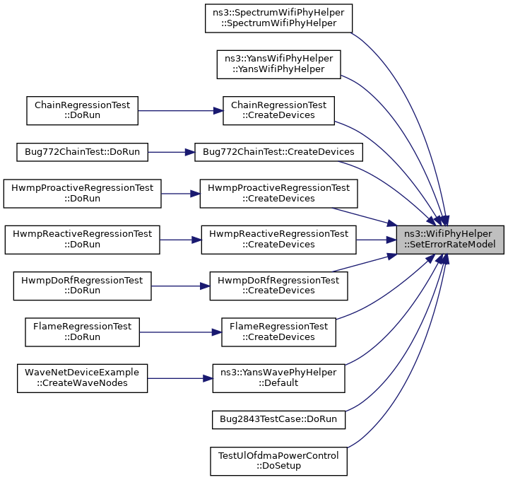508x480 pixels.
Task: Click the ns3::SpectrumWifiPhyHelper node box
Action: click(x=278, y=18)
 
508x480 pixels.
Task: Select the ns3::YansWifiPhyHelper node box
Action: click(x=278, y=64)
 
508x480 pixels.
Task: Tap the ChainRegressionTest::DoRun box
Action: click(x=82, y=110)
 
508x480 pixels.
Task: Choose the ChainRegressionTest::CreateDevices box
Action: click(x=278, y=110)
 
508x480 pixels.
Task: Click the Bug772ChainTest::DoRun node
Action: click(x=82, y=152)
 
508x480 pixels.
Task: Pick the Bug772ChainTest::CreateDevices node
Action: click(x=278, y=152)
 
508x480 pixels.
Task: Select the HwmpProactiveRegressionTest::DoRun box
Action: click(x=82, y=194)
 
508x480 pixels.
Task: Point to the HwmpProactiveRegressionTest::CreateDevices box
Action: click(x=278, y=194)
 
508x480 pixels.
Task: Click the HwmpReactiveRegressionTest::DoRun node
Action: click(x=82, y=240)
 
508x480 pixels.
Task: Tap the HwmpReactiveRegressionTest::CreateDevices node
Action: click(x=278, y=240)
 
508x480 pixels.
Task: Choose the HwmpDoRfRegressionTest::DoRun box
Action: click(x=82, y=286)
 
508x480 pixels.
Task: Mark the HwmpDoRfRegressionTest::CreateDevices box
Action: click(x=278, y=286)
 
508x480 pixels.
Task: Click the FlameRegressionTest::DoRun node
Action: click(x=82, y=332)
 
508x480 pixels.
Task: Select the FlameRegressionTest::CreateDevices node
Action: click(x=278, y=332)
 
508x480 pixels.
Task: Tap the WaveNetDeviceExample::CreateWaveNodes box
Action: click(x=82, y=378)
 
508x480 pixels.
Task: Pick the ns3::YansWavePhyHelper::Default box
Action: click(x=278, y=378)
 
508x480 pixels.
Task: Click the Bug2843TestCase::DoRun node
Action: click(x=278, y=420)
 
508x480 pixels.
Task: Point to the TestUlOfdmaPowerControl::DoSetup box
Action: click(x=278, y=461)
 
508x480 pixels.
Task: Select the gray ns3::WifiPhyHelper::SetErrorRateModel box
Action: click(x=450, y=240)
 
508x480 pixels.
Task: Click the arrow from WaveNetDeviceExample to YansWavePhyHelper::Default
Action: click(x=180, y=378)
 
